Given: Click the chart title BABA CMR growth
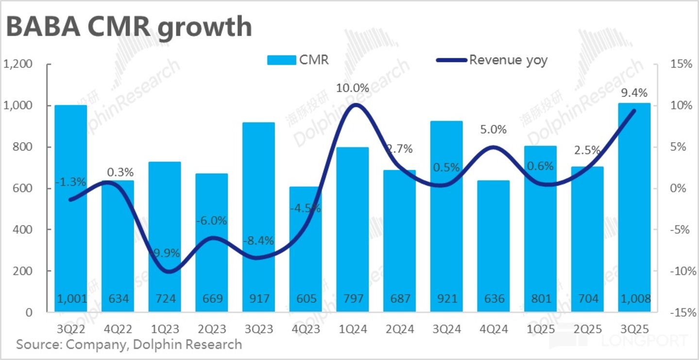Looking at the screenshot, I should tap(129, 27).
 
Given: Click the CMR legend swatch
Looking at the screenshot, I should tap(281, 60).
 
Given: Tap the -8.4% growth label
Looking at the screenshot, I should tap(259, 240).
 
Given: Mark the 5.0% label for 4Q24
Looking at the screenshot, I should tap(494, 130).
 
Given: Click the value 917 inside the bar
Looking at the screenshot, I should tap(259, 298).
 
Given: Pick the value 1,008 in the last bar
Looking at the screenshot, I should tap(634, 298).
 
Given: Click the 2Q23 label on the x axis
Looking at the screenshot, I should tap(212, 329).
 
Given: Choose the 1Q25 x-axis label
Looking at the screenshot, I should tap(541, 329).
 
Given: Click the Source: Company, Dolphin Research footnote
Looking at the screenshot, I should tap(129, 344).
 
